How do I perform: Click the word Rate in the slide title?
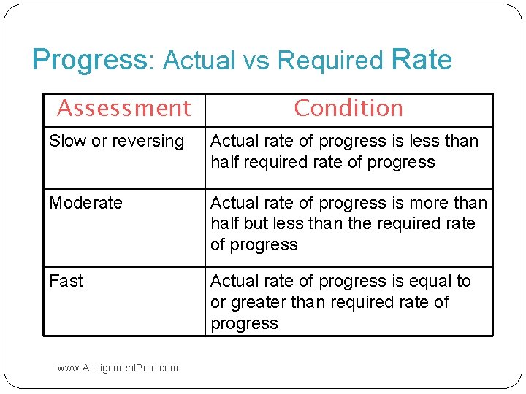point(422,60)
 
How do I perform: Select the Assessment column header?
point(123,108)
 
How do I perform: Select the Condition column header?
point(348,108)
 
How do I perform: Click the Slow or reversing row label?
point(116,141)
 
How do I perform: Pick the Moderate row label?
point(85,203)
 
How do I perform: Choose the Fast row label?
point(66,281)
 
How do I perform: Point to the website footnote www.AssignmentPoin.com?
point(117,368)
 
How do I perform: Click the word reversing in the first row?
point(150,141)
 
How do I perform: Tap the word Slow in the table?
point(67,141)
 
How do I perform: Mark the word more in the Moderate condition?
point(432,203)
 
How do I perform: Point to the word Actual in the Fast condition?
point(232,281)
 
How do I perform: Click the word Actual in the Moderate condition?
point(232,203)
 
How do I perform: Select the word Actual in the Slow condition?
point(232,141)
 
